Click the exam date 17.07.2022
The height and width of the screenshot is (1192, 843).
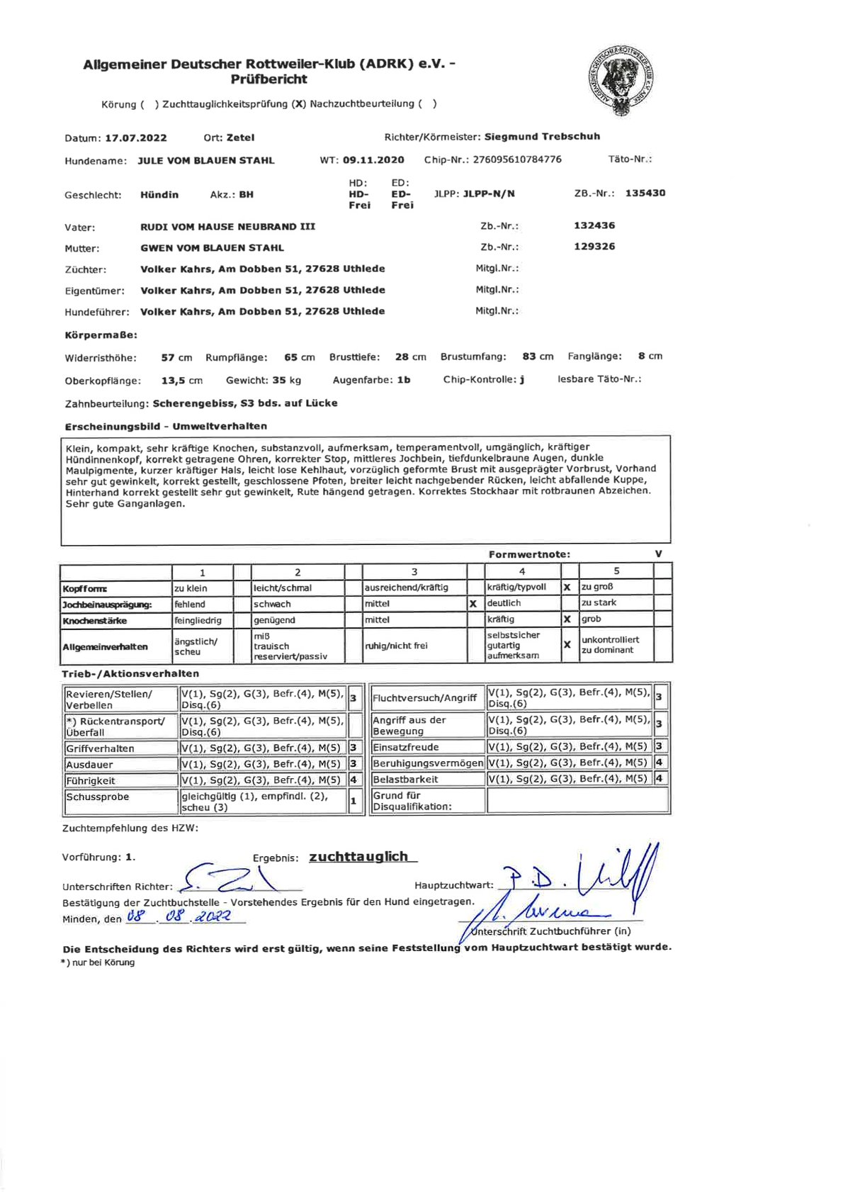coord(136,138)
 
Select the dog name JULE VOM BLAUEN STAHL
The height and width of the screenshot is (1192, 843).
coord(205,161)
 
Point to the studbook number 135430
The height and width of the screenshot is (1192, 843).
coord(645,193)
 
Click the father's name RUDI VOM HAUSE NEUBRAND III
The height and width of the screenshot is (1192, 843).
coord(227,227)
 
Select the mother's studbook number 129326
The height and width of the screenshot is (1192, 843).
coord(594,247)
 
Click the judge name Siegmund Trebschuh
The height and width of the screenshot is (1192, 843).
coord(542,137)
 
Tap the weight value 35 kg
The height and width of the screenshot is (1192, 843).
coord(286,381)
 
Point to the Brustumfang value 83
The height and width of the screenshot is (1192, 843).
coord(529,356)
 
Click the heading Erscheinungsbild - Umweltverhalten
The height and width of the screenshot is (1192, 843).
coord(166,427)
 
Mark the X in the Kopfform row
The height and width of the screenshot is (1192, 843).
coord(567,587)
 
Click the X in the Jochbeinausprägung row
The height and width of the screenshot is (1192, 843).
coord(473,605)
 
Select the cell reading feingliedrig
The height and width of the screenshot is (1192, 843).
coord(198,620)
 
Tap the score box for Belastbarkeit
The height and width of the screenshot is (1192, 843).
coord(659,779)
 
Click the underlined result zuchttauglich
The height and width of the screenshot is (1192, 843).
coord(359,857)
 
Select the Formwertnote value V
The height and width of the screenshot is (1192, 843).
coord(659,554)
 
